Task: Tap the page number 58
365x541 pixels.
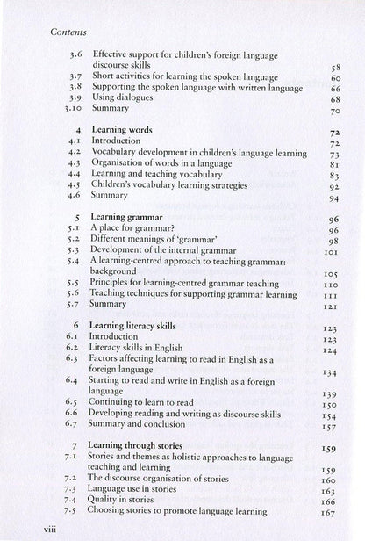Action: (x=334, y=66)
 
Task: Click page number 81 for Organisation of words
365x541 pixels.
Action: (x=334, y=163)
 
